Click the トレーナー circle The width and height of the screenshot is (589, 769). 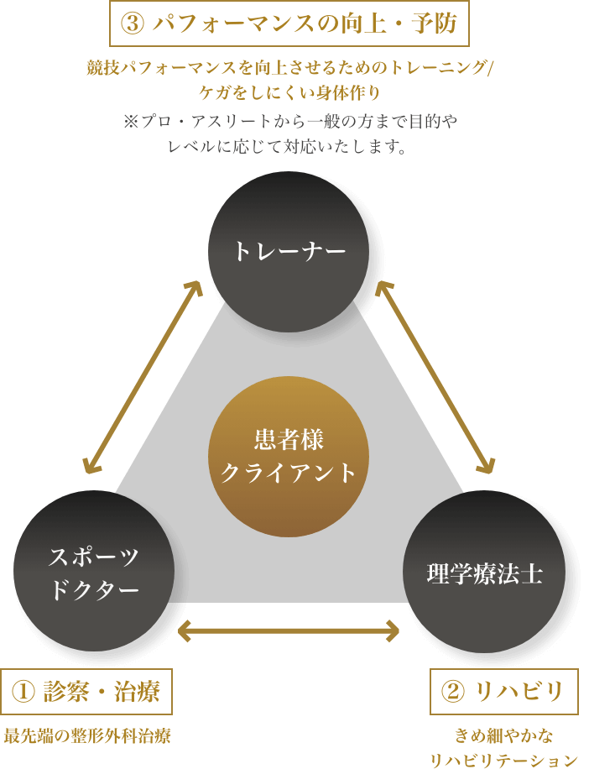(289, 251)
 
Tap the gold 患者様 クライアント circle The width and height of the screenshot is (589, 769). (289, 457)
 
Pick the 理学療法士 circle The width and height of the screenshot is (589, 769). (484, 573)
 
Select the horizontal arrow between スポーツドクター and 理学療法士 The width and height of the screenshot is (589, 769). (289, 630)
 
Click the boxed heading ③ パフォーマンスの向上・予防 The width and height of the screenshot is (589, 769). (289, 24)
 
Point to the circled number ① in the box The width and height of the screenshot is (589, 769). (23, 692)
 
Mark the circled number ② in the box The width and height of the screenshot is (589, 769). (453, 692)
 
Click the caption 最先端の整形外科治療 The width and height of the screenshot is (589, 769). (87, 737)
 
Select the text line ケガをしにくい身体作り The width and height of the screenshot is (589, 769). (289, 92)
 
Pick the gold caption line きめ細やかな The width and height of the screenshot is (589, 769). (503, 736)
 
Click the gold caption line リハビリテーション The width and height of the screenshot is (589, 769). (503, 760)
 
